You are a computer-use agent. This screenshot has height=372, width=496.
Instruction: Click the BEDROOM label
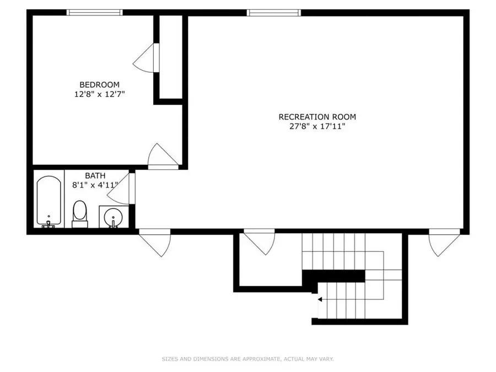point(99,84)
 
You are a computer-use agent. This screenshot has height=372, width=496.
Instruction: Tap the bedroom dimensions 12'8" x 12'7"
point(99,94)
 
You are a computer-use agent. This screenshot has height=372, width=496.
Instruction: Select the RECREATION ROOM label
point(317,116)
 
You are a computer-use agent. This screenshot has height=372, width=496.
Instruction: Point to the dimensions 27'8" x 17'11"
point(317,126)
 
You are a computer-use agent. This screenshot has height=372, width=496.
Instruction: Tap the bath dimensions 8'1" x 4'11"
point(95,185)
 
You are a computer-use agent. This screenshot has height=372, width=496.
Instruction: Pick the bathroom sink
point(114,217)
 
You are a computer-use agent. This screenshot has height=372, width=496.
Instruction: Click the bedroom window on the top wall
point(94,12)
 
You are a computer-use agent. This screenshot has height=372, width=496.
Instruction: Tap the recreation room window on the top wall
point(274,12)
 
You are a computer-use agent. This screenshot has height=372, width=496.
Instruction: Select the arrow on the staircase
point(319,299)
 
